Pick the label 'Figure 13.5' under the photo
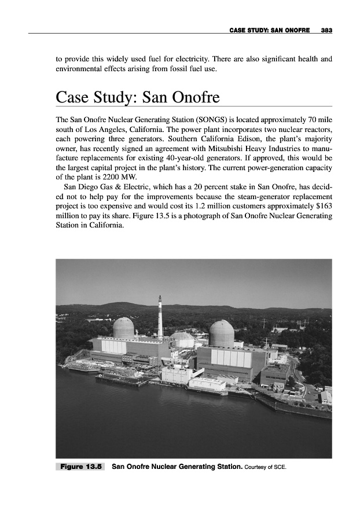point(80,465)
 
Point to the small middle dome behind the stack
point(182,337)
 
